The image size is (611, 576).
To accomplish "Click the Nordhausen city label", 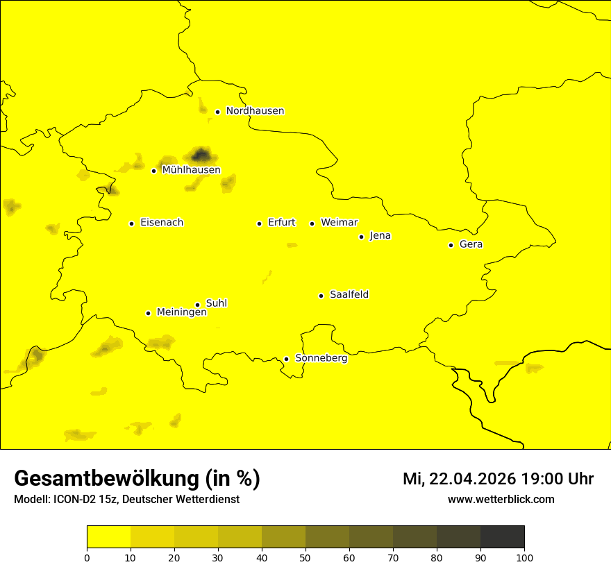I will click(255, 111).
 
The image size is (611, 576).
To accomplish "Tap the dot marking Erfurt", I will click(259, 223).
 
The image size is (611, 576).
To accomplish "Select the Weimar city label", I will click(339, 223).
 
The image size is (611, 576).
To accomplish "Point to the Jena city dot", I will click(361, 237).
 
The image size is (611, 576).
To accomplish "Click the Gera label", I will click(471, 244).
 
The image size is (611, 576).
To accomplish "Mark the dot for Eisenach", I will click(131, 223).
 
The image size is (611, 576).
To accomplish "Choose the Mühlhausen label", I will click(191, 170).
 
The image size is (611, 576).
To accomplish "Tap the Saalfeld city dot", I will click(321, 296).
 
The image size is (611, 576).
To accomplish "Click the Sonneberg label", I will click(321, 358).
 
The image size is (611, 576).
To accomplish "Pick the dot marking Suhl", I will click(197, 305).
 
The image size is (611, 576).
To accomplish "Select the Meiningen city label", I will click(181, 312).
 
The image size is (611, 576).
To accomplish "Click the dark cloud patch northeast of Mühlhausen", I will click(201, 154).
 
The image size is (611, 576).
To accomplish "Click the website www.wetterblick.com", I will click(501, 500).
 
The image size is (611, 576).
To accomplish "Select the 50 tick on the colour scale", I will click(305, 557).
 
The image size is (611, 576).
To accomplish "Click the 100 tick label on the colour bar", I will click(524, 557).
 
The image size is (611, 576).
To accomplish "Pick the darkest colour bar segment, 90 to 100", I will click(502, 536).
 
